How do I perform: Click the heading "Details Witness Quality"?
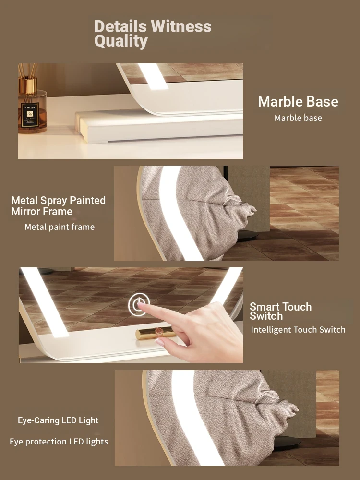pyautogui.click(x=153, y=34)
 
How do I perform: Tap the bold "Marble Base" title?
pyautogui.click(x=298, y=101)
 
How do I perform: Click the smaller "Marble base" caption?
pyautogui.click(x=298, y=118)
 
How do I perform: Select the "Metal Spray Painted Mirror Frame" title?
pyautogui.click(x=58, y=206)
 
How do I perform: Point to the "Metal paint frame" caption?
pyautogui.click(x=60, y=227)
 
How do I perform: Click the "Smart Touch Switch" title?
pyautogui.click(x=280, y=311)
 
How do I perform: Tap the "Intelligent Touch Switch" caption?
pyautogui.click(x=298, y=330)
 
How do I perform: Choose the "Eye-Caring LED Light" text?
pyautogui.click(x=58, y=420)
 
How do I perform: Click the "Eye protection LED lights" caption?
pyautogui.click(x=59, y=442)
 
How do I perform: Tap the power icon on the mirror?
pyautogui.click(x=139, y=305)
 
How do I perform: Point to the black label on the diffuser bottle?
pyautogui.click(x=30, y=115)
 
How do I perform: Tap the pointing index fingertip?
pyautogui.click(x=141, y=304)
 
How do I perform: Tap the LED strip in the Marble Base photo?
pyautogui.click(x=153, y=76)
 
